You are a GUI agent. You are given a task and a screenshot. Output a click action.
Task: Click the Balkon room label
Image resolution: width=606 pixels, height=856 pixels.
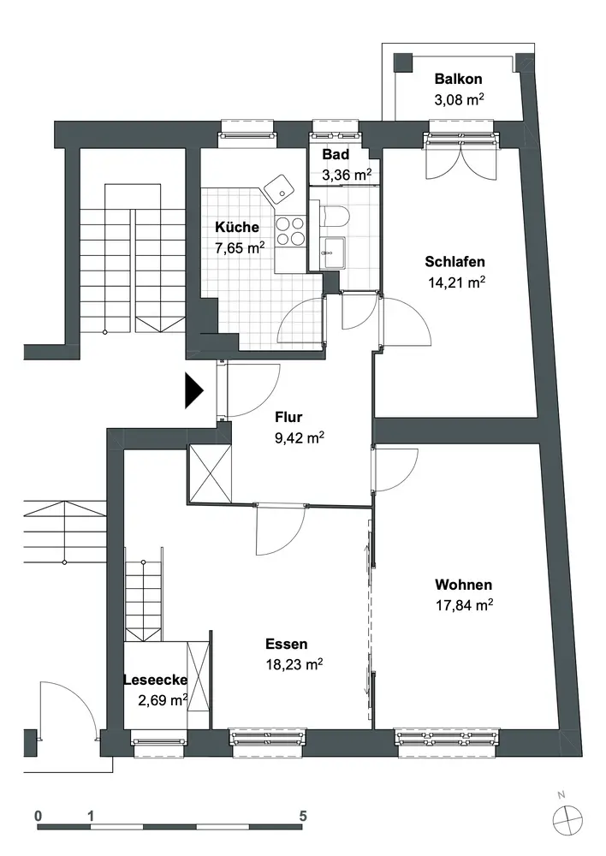(458, 79)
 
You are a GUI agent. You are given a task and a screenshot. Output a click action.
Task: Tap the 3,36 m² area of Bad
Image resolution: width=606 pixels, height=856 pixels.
(347, 175)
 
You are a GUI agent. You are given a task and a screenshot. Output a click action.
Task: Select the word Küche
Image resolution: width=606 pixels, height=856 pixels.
(237, 227)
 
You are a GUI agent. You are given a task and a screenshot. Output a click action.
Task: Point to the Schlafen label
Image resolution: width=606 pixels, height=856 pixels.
(454, 261)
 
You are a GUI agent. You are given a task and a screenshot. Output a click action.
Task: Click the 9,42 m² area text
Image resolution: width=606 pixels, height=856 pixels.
(300, 437)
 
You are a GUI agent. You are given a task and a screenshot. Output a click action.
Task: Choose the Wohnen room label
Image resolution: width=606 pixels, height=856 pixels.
(464, 585)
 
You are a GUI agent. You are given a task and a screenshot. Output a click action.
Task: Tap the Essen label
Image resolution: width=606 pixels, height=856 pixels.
(287, 645)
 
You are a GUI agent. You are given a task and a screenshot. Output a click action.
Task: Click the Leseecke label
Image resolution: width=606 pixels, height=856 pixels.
(156, 681)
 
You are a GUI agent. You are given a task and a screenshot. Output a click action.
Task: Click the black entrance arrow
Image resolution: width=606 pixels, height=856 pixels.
(193, 390)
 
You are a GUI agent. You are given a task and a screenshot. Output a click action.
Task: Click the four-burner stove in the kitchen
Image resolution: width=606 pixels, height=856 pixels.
(290, 231)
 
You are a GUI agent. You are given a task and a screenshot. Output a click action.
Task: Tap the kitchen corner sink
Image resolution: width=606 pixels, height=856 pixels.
(280, 188)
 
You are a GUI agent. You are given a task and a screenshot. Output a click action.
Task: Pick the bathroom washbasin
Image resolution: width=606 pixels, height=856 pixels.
(332, 253)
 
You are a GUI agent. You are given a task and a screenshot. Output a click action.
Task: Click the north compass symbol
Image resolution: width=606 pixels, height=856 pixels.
(567, 820)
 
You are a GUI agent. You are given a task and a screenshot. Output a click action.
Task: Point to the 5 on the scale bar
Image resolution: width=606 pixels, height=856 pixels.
(303, 816)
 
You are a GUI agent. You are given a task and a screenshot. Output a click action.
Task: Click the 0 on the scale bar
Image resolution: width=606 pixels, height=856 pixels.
(38, 816)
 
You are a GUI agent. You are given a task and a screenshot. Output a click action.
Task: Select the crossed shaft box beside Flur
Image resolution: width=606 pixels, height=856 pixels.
(209, 473)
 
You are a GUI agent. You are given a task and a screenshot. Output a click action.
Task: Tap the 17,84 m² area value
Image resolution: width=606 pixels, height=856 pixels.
(464, 605)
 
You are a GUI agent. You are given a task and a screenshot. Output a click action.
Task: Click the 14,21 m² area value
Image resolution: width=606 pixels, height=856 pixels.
(457, 282)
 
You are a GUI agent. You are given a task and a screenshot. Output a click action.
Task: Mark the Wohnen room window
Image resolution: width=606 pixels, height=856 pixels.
(447, 740)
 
